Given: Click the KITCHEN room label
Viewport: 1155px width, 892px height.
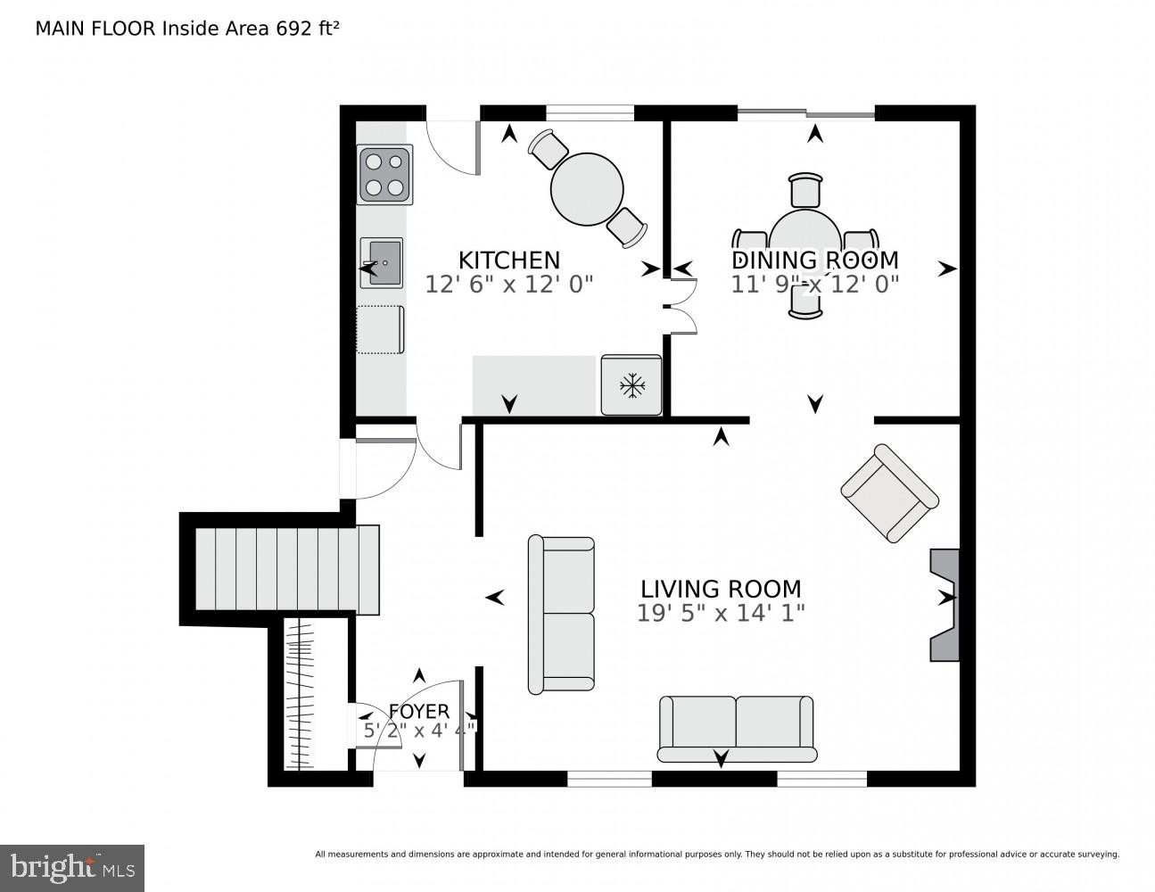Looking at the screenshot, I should click(x=508, y=260).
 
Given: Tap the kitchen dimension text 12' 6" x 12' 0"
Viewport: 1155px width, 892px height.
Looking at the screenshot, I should click(x=508, y=284).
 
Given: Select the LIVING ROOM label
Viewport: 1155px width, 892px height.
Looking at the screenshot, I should click(x=721, y=589).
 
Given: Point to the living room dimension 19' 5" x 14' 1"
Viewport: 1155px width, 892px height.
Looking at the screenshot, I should click(x=721, y=613).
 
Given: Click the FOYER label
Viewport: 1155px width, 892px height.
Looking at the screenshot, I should click(x=418, y=711).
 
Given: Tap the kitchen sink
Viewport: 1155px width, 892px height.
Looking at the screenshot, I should click(x=382, y=262).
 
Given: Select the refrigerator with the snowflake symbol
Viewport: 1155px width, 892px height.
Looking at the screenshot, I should click(x=631, y=384).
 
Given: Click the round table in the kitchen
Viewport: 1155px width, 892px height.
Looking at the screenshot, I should click(x=587, y=189).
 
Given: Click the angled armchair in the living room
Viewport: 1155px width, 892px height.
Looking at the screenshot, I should click(x=890, y=493).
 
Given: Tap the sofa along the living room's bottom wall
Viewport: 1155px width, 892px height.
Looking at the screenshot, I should click(x=737, y=728).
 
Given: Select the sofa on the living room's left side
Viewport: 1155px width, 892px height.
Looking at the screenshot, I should click(x=561, y=614).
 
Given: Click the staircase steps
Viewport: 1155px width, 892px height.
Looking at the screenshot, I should click(x=285, y=568).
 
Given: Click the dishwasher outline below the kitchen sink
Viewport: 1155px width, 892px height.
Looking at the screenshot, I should click(x=381, y=329).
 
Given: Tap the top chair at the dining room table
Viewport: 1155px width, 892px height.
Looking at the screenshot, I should click(x=805, y=190).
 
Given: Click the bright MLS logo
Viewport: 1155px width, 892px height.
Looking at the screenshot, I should click(x=72, y=867).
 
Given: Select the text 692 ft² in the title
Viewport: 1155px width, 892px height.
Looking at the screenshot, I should click(x=308, y=28).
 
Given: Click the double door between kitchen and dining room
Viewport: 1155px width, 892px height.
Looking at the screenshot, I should click(x=681, y=307).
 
